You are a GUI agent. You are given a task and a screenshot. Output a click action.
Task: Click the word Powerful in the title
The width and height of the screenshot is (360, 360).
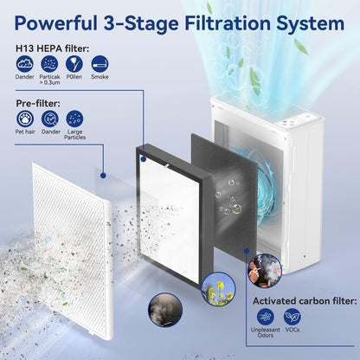[x=55, y=22]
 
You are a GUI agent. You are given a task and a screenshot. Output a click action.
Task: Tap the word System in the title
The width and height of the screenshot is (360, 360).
[x=311, y=23]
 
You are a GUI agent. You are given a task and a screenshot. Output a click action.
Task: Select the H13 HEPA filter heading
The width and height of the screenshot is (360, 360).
[x=52, y=48]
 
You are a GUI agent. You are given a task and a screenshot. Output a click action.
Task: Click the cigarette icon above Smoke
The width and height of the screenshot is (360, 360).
[x=100, y=64]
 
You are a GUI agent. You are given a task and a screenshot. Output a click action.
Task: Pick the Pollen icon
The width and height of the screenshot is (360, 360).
[x=74, y=64]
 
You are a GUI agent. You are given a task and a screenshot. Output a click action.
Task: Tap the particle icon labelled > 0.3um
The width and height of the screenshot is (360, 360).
[x=49, y=64]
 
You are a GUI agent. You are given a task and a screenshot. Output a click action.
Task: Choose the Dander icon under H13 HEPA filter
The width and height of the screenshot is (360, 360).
[x=25, y=64]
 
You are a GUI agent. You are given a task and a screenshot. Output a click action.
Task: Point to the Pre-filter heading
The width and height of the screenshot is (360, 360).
[x=38, y=103]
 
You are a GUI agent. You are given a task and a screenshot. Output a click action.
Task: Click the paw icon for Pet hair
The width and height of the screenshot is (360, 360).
[x=25, y=119]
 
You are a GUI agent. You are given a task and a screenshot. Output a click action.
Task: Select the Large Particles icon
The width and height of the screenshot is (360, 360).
[x=74, y=119]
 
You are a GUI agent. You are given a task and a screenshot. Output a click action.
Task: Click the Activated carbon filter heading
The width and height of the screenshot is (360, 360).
[x=305, y=301]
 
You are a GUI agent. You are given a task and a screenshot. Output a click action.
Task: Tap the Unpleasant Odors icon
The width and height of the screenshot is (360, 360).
[x=266, y=317]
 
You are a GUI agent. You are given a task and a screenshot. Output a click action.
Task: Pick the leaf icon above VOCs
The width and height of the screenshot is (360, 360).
[x=292, y=317]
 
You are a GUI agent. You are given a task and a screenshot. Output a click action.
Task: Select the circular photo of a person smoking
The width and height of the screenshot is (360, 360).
[x=265, y=271]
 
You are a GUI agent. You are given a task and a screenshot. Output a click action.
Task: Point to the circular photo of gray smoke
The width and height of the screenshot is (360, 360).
[x=165, y=310]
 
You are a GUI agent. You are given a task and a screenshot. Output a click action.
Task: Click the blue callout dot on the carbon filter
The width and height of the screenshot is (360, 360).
[x=246, y=251]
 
